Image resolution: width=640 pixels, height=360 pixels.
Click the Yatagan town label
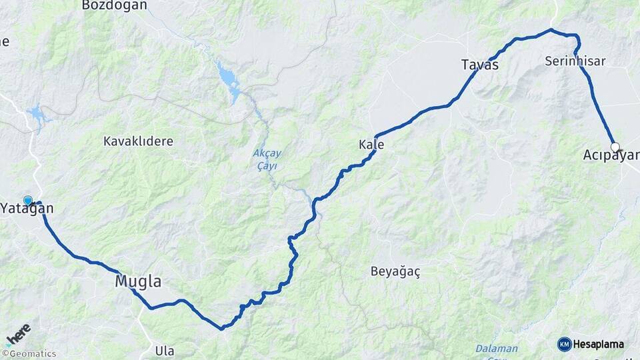(x=27, y=209)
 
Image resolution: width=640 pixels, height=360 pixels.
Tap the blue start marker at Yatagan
(x=28, y=200)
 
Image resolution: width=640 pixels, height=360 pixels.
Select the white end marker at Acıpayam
(x=615, y=147)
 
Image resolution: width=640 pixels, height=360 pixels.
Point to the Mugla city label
(x=138, y=281)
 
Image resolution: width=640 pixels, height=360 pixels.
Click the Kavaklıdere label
(x=138, y=141)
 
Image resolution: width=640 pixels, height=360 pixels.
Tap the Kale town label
(x=371, y=145)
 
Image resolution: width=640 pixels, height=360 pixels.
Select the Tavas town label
(x=479, y=65)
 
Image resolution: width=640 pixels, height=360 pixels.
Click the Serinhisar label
(x=575, y=61)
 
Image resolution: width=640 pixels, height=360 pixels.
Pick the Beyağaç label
(x=395, y=271)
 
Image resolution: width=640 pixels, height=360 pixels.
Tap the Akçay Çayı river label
(x=265, y=159)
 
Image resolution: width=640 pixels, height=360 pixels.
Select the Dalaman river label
(x=496, y=349)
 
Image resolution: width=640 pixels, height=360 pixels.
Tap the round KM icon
(x=565, y=344)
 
